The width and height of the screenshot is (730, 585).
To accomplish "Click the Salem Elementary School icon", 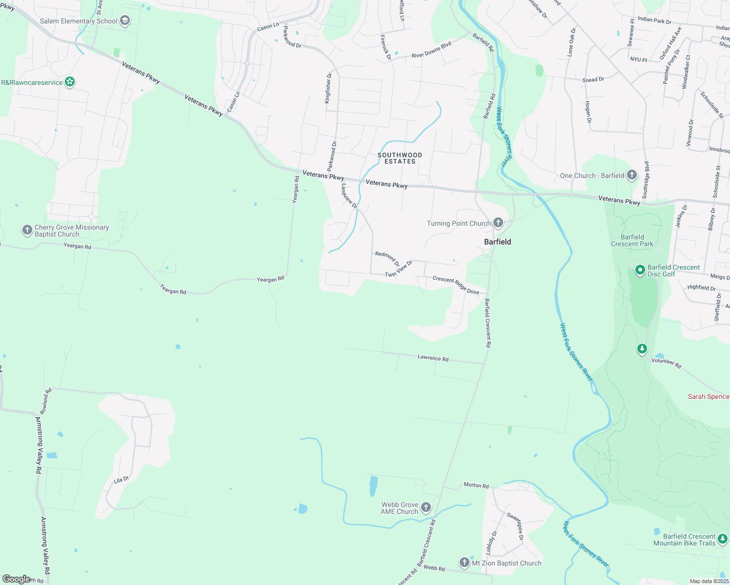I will point(125,21).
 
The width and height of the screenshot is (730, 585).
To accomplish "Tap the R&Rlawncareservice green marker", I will point(70,82).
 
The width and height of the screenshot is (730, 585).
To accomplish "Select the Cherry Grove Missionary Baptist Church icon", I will point(27,230).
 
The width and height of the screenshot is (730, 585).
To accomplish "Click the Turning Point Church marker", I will point(498,223).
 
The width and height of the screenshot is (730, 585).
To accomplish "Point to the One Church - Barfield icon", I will point(631,175).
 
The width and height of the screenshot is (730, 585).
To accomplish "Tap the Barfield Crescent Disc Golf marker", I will point(640,270).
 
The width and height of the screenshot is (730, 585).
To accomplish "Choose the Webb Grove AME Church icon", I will point(426,508).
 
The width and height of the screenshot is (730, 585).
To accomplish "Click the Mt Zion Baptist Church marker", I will point(464,563).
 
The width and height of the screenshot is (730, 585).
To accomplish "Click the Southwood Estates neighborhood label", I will point(400,158).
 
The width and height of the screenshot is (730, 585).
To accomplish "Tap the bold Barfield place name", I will point(497,242).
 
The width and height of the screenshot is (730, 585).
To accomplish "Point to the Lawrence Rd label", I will point(433,358).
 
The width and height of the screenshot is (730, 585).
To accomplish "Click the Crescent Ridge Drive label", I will point(456,285).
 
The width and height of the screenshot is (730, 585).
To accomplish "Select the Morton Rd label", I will point(476,485).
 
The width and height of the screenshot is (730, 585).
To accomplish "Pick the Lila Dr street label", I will point(121,480).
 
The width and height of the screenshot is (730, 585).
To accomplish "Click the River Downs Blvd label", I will point(431,50).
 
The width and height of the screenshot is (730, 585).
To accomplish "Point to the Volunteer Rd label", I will point(666,363).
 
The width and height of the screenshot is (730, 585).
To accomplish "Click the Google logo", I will point(16,579).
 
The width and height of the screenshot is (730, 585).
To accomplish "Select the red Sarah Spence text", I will point(708,396).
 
